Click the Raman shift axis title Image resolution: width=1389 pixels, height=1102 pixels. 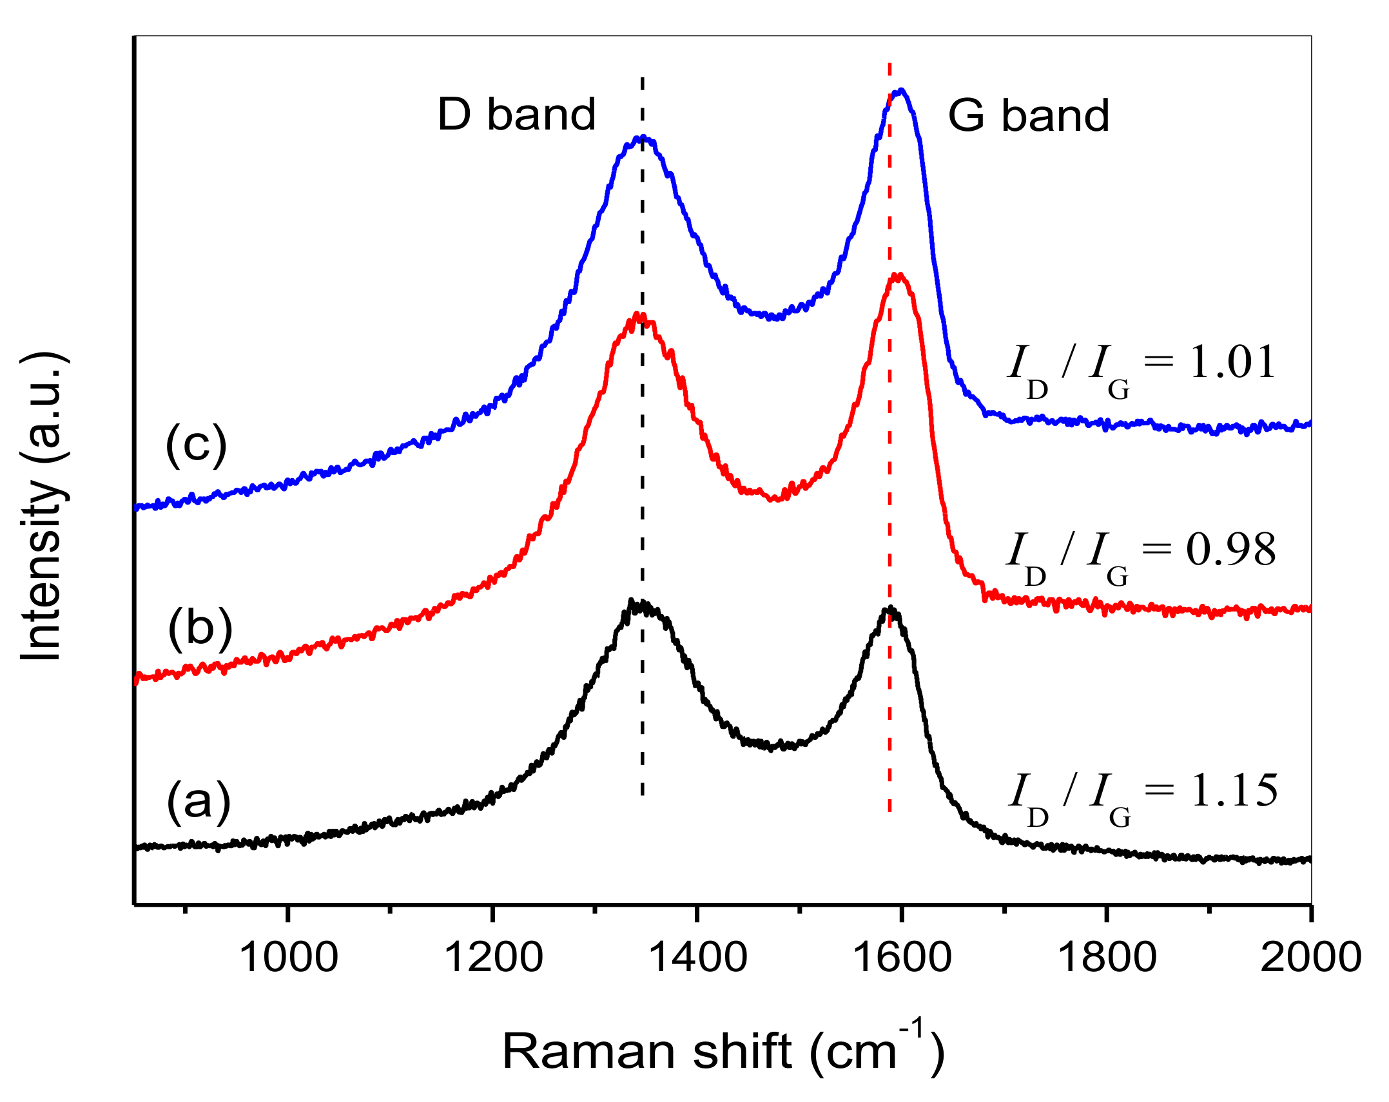click(723, 1050)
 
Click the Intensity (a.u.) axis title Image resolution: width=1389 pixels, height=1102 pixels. click(43, 506)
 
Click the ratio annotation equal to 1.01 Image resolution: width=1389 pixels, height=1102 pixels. click(1141, 366)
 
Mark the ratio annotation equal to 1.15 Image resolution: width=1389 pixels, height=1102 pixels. click(1142, 795)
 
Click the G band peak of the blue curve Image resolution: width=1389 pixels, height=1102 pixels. click(901, 91)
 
